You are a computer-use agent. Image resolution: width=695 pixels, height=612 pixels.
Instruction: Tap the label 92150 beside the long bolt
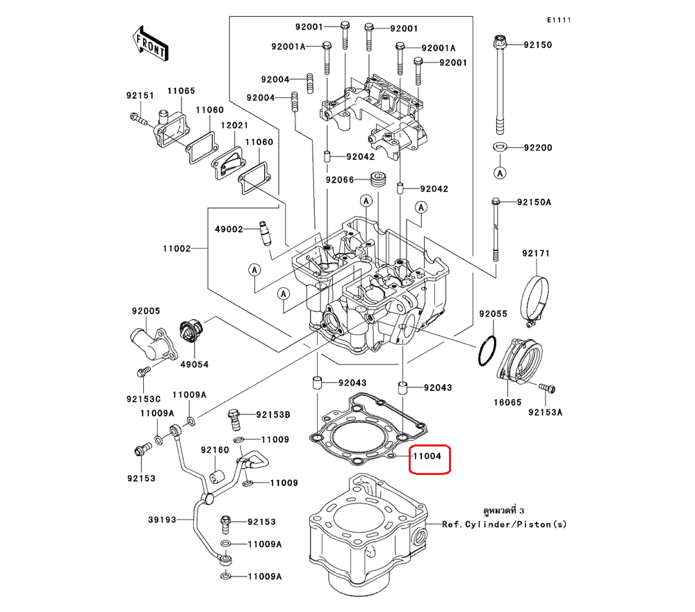pos(537,45)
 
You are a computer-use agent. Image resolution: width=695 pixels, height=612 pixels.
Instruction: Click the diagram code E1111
pos(558,20)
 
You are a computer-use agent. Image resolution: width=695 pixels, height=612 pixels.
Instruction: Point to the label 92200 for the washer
pos(537,148)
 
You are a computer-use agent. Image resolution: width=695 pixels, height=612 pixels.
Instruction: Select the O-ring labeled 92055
pos(487,351)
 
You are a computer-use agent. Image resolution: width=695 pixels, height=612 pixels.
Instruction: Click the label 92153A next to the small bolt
pos(545,412)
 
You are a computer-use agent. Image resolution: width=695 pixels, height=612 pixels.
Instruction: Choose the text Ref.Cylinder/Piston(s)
pos(504,524)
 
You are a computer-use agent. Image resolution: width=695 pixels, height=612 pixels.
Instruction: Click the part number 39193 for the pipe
pos(161,520)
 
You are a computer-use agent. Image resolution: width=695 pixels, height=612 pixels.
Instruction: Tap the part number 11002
pos(177,248)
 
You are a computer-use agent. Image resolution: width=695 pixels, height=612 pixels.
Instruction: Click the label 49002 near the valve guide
pos(228,229)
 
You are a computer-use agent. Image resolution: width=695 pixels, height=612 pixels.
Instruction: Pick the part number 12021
pos(234,125)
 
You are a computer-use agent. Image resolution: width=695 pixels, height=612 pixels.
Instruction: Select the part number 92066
pos(340,180)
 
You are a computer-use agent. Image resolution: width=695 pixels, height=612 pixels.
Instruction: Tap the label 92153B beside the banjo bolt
pos(272,415)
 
